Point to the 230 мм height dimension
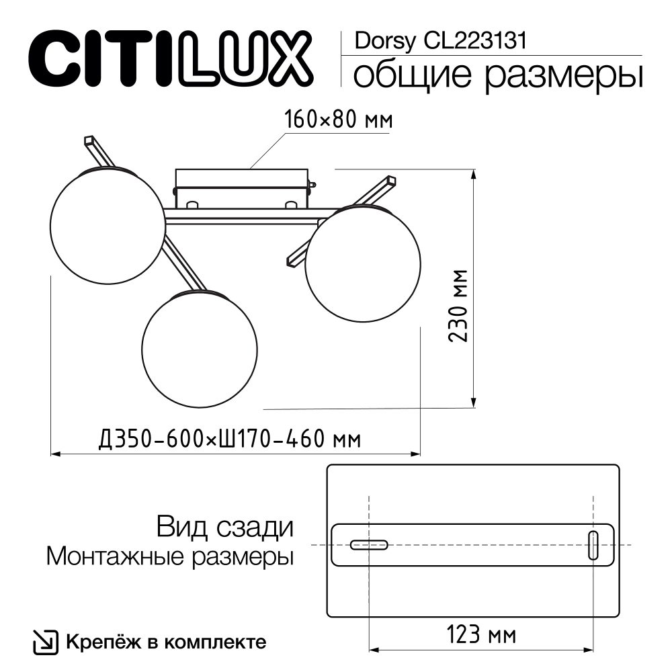point(460,306)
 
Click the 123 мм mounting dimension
point(481,633)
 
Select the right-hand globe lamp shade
point(363,263)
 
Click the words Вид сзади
point(225,526)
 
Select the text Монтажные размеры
point(171,556)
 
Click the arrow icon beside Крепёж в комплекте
point(45,642)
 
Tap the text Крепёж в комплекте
point(165,642)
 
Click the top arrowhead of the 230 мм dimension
point(474,174)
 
